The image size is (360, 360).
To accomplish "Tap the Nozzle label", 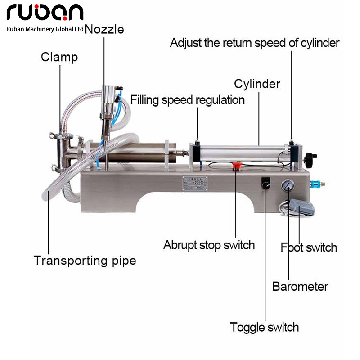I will coord(104,30).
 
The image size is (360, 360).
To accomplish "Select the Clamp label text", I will coord(59,57).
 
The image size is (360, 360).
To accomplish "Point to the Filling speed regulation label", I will coord(188,99).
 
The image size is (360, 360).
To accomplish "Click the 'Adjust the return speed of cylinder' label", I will coord(254,43).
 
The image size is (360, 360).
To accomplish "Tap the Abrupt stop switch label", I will coord(209,245).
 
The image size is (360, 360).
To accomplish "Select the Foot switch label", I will coord(309,247).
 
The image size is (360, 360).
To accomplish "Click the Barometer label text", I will coord(300,286).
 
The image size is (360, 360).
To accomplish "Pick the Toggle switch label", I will coord(264,327).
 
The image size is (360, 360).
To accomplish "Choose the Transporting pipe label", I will coord(85,261).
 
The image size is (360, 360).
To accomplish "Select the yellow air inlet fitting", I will coord(320,184).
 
